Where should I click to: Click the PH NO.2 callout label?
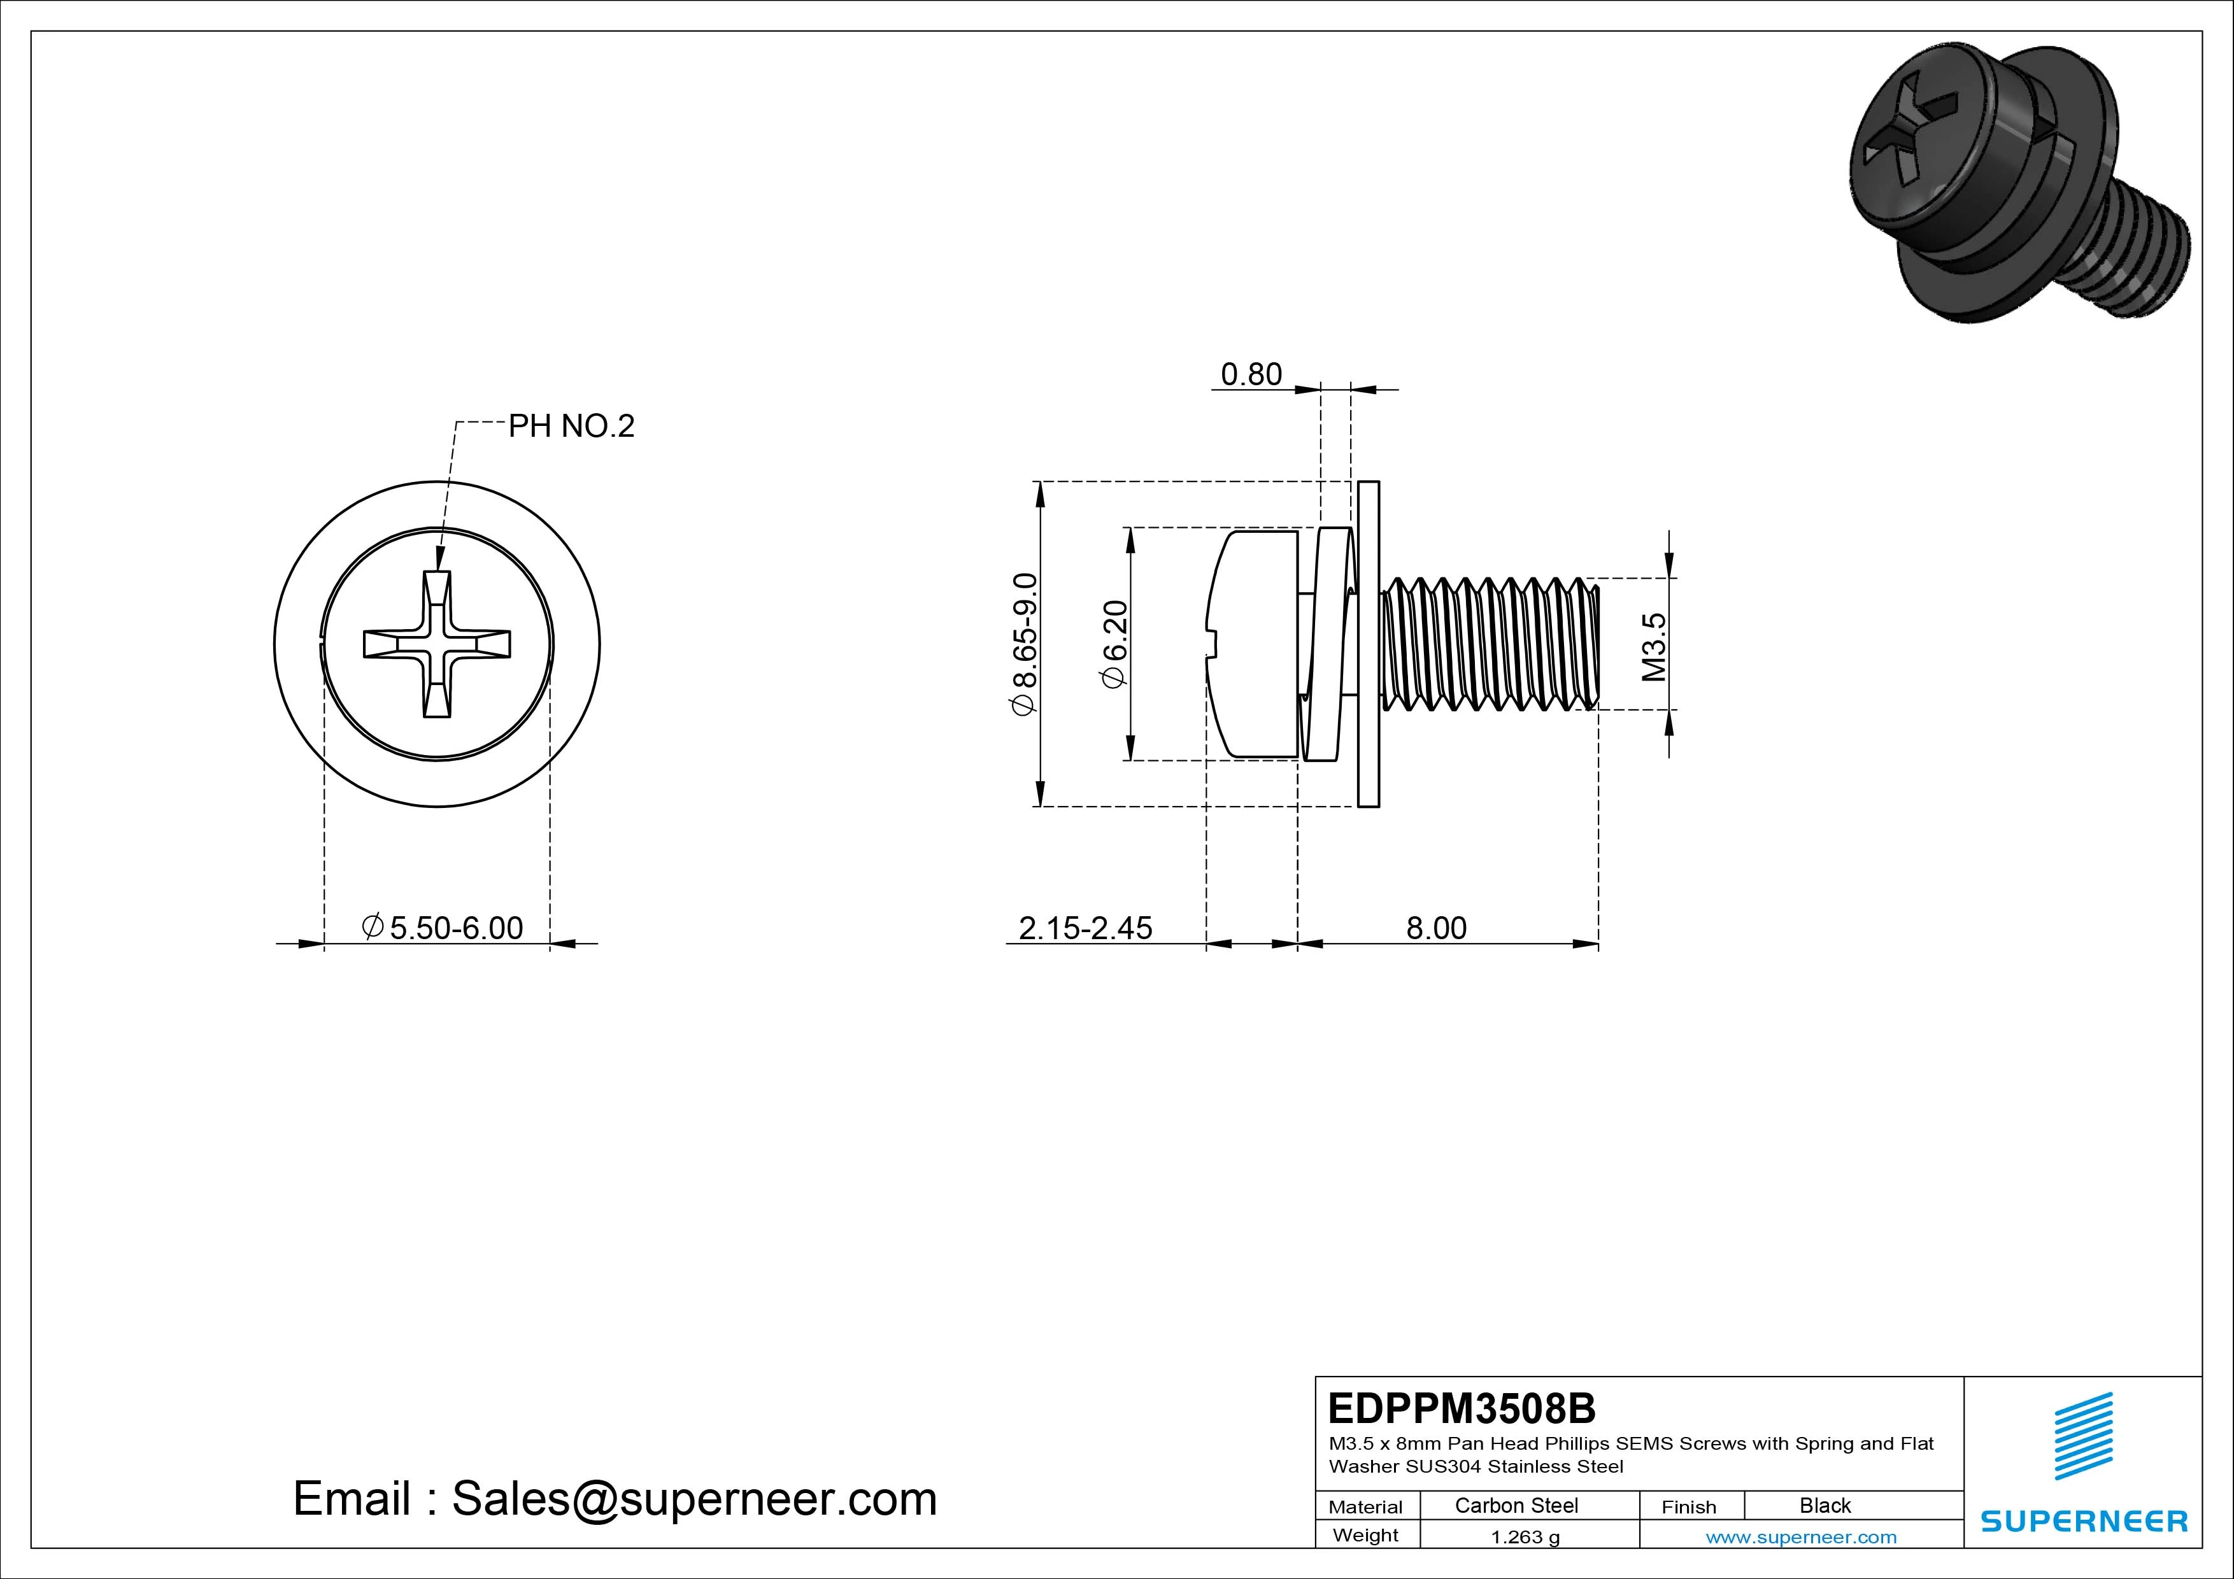click(571, 426)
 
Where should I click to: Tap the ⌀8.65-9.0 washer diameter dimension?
click(1025, 644)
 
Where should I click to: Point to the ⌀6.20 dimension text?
click(1113, 644)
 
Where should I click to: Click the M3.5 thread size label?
click(1654, 647)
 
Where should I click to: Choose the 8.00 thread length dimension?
click(1435, 928)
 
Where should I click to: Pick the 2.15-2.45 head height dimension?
click(1085, 928)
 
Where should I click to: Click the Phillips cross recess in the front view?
click(437, 644)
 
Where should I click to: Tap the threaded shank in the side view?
click(1489, 644)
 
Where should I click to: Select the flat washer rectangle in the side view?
click(1368, 644)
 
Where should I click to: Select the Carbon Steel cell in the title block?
click(1516, 1505)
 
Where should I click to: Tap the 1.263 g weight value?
click(1525, 1537)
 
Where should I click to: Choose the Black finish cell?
click(1825, 1505)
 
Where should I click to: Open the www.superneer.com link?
click(1800, 1537)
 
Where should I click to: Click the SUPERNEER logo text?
click(2083, 1520)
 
